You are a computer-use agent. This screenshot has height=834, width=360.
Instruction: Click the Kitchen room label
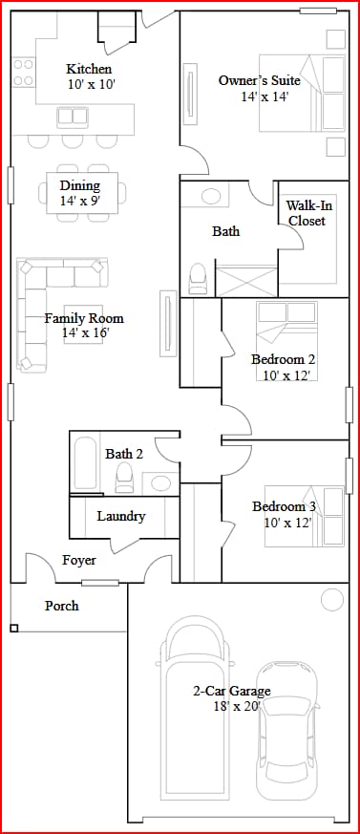89,69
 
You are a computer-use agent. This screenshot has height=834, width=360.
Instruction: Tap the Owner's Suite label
253,80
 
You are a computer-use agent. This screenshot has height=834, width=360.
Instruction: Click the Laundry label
121,516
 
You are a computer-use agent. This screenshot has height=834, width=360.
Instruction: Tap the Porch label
62,606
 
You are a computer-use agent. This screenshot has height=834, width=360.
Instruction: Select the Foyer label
79,561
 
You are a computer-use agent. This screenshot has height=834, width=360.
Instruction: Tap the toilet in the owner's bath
199,277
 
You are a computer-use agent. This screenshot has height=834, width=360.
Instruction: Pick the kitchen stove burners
24,73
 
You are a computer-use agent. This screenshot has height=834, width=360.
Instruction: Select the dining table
80,194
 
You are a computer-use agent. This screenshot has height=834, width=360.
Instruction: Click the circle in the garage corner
331,600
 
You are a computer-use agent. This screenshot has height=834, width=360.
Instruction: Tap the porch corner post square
14,628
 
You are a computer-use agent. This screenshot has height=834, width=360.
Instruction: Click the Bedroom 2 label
283,359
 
